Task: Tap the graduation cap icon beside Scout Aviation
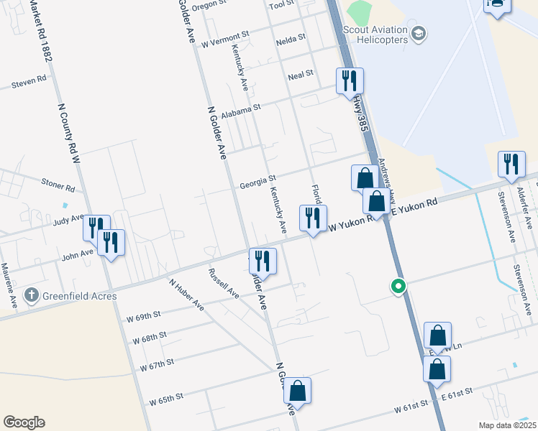click(x=418, y=33)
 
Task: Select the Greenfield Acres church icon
click(x=31, y=295)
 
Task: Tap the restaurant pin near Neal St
click(x=350, y=81)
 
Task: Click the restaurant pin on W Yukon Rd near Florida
click(x=313, y=219)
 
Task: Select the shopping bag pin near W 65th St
click(x=298, y=391)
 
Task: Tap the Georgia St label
click(x=258, y=181)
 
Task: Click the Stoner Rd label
click(x=58, y=188)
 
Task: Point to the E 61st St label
click(x=457, y=391)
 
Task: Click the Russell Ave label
click(x=223, y=283)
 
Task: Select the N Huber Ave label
click(x=187, y=294)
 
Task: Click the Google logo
click(x=24, y=422)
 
